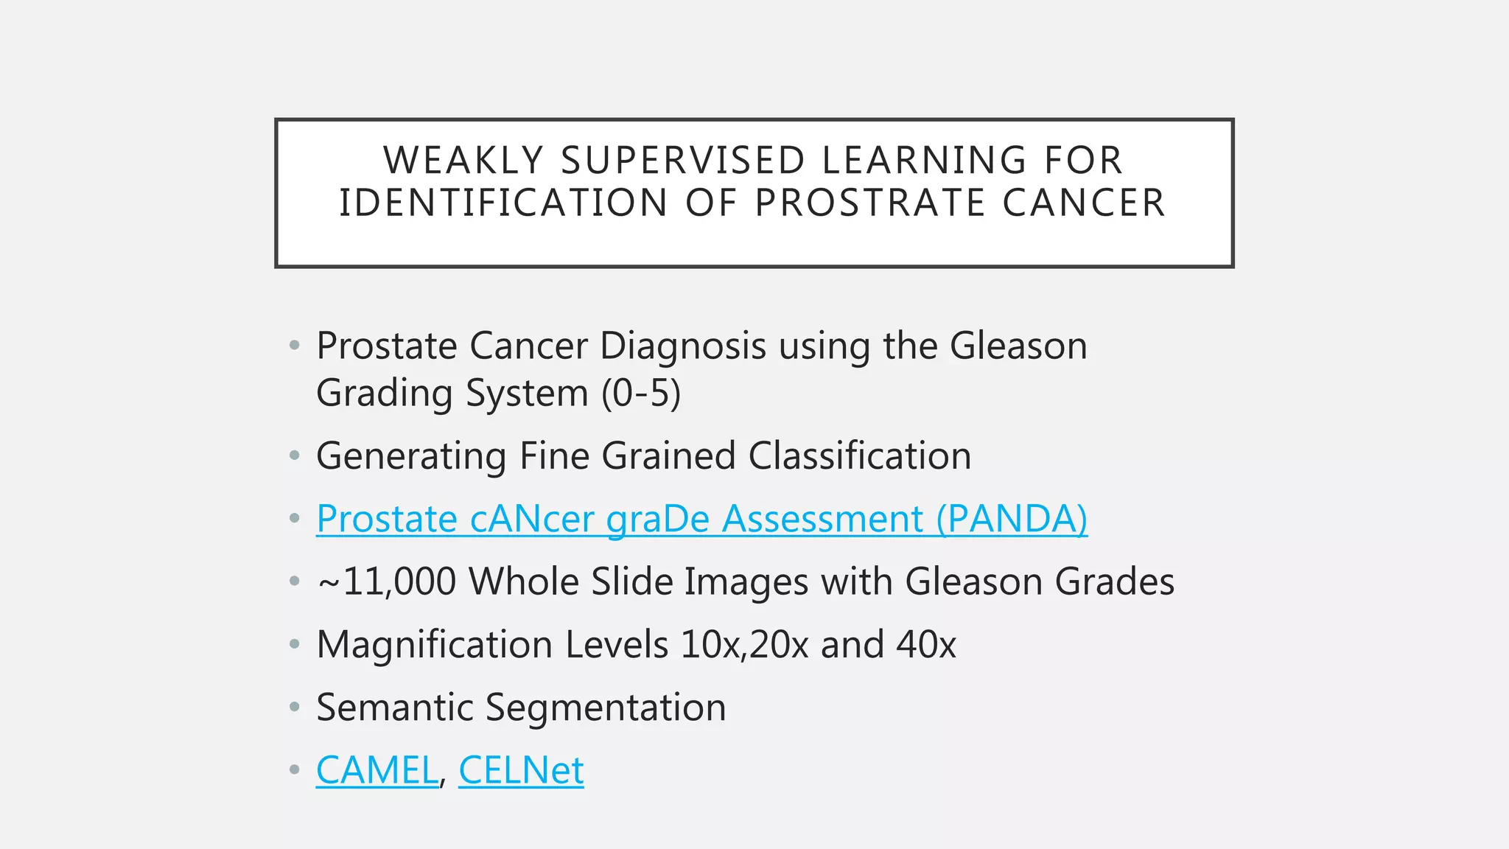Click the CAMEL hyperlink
377,771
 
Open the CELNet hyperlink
521,771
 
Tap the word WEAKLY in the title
463,160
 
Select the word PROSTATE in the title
869,203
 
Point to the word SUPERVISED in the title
683,160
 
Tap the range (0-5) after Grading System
641,393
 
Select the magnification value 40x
926,645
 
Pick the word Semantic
394,707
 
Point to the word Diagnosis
683,346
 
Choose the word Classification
860,456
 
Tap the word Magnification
434,645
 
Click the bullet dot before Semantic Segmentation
295,707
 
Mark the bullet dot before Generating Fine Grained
295,456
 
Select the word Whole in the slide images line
524,582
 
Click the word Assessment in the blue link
822,519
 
